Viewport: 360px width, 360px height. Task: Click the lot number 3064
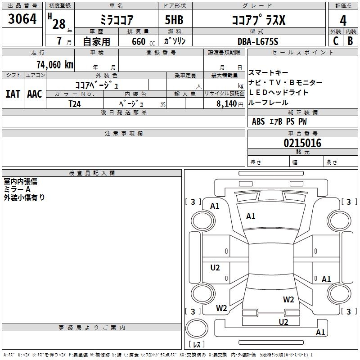22,20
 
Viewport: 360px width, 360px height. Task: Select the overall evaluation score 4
343,20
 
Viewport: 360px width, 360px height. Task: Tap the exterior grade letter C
335,40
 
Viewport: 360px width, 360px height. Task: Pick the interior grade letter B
351,40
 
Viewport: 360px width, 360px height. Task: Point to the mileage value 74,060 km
54,64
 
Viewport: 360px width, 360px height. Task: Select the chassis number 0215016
302,143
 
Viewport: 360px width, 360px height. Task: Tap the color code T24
75,103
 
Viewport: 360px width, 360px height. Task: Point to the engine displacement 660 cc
139,41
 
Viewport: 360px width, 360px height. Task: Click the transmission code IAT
13,94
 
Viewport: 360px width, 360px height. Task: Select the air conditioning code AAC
35,94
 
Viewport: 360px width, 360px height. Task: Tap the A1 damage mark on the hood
251,216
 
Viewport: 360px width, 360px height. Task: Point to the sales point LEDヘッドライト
279,92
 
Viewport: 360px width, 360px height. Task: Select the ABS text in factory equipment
258,121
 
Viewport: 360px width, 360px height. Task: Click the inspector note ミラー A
17,189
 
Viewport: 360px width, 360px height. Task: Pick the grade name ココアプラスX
258,20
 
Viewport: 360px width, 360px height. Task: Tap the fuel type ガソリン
175,41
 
